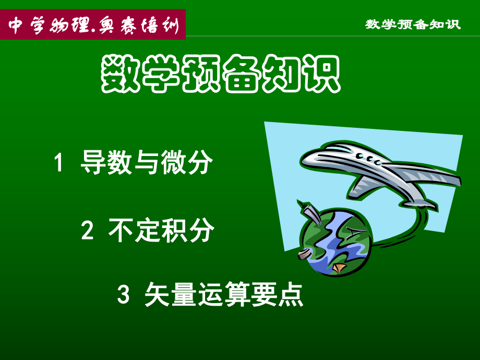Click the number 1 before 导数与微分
coord(59,163)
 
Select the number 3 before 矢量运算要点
coord(123,295)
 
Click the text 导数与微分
coord(147,163)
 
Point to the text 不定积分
coord(161,230)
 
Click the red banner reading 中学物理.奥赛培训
coord(93,25)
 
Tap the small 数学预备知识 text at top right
coord(413,25)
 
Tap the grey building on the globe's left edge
coord(303,255)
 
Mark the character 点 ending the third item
coord(291,295)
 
